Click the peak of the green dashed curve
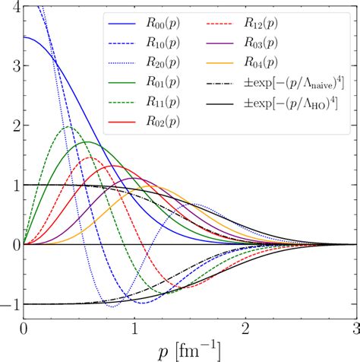(69, 127)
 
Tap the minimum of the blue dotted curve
(112, 306)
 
